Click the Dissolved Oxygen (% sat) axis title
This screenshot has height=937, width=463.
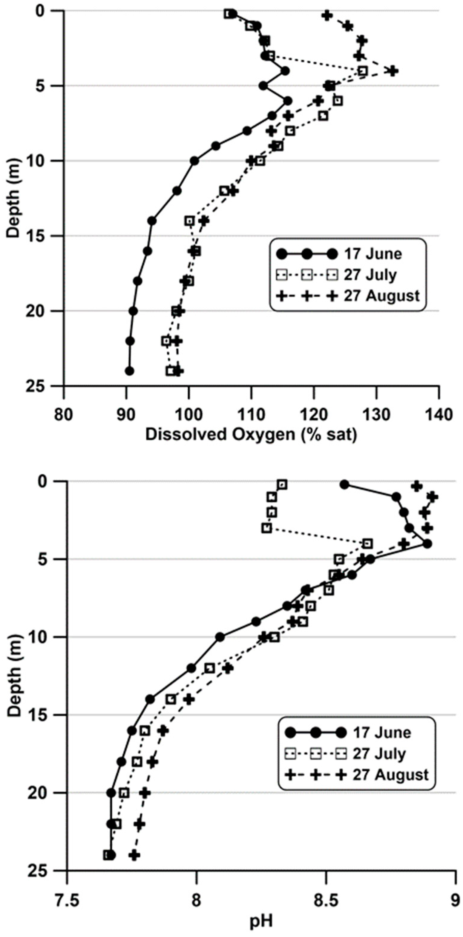[x=251, y=435]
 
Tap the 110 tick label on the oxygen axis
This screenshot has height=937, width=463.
[x=251, y=415]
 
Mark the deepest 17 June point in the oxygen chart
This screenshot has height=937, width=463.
[x=129, y=371]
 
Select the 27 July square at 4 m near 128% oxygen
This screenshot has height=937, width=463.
[x=363, y=71]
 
